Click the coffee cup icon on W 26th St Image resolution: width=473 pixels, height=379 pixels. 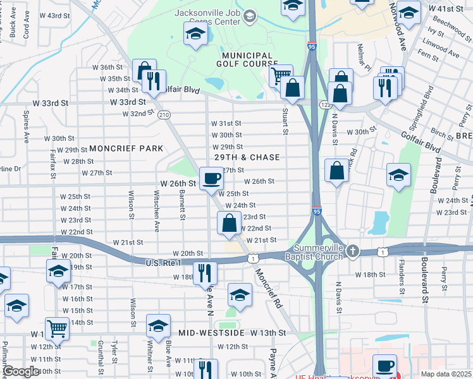(211, 177)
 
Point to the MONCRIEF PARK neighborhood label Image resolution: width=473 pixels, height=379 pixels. (126, 148)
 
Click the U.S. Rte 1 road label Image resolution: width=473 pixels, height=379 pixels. (163, 263)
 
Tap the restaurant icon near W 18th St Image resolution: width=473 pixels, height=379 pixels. (204, 272)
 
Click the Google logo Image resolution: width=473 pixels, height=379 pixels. (20, 371)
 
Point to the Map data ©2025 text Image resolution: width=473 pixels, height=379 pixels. (446, 374)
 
